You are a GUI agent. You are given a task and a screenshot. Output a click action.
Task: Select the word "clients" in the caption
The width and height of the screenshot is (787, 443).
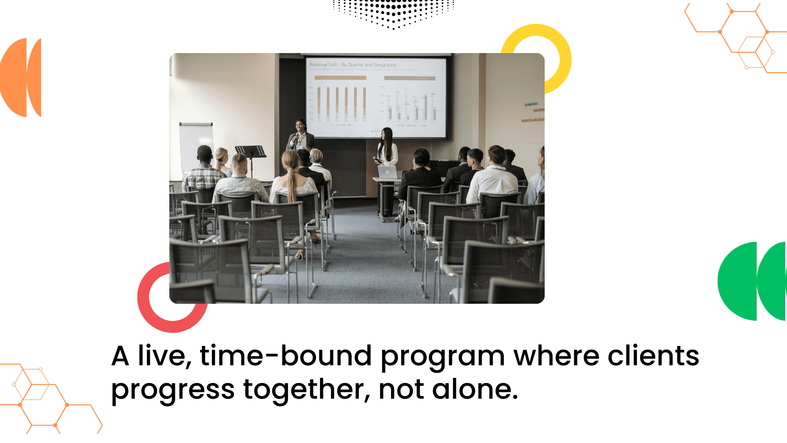pyautogui.click(x=653, y=356)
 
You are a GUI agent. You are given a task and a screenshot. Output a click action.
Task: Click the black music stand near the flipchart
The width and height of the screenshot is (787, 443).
pyautogui.click(x=250, y=151)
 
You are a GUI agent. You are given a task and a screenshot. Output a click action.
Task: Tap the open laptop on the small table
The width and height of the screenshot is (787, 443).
pyautogui.click(x=388, y=172)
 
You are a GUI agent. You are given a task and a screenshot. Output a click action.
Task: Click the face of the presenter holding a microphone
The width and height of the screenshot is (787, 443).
pyautogui.click(x=300, y=125)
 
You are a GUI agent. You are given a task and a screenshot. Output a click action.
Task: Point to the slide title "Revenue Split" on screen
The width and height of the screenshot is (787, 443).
pyautogui.click(x=323, y=65)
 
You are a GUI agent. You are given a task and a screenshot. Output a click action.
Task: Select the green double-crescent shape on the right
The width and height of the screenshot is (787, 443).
pyautogui.click(x=752, y=281)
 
